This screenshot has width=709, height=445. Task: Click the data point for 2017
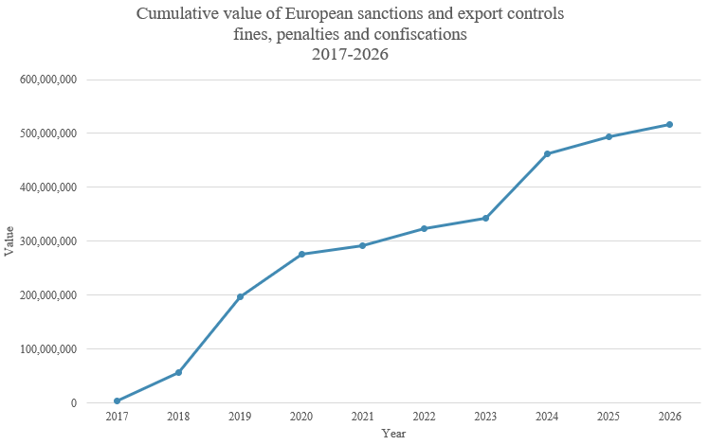[x=118, y=400]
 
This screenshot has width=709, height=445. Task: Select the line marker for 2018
[x=178, y=372]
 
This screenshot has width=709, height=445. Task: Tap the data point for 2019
[x=240, y=296]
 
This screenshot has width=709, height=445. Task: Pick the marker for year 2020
[x=301, y=254]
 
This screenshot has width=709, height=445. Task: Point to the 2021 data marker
[x=363, y=245]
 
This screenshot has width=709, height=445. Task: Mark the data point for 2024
[x=547, y=153]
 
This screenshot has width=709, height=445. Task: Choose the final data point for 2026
[x=669, y=124]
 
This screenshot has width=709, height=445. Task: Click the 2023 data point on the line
[x=485, y=218]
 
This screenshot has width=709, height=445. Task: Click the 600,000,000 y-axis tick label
[x=47, y=80]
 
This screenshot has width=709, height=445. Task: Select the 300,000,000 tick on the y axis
[x=47, y=241]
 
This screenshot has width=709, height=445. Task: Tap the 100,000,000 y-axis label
[x=47, y=349]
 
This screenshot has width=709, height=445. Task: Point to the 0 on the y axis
[x=72, y=403]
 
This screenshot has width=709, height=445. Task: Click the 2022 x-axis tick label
[x=424, y=417]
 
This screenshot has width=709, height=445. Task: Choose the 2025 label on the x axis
[x=608, y=417]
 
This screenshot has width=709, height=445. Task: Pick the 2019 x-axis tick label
[x=240, y=417]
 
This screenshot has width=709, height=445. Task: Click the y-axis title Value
[x=9, y=240]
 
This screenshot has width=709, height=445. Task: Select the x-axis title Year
[x=393, y=434]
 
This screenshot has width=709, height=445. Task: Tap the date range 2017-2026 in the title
[x=351, y=55]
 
